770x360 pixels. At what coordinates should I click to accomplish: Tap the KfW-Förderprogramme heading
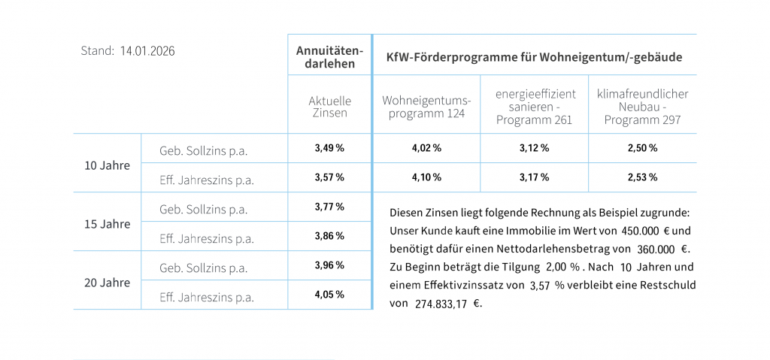pyautogui.click(x=534, y=56)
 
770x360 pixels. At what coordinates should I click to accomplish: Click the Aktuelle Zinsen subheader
pyautogui.click(x=329, y=107)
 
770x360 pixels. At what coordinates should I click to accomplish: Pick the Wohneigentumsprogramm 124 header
pyautogui.click(x=426, y=107)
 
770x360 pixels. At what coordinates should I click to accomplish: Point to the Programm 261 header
pyautogui.click(x=535, y=107)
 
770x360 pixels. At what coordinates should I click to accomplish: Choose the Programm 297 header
pyautogui.click(x=642, y=107)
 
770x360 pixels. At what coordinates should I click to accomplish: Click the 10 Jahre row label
pyautogui.click(x=107, y=165)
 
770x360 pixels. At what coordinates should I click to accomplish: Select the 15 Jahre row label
pyautogui.click(x=107, y=224)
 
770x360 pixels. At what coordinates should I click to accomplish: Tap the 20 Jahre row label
pyautogui.click(x=107, y=283)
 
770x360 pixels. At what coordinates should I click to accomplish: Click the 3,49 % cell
pyautogui.click(x=329, y=148)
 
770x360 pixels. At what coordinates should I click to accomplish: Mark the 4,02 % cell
pyautogui.click(x=426, y=148)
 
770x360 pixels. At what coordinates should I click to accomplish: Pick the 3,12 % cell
pyautogui.click(x=535, y=148)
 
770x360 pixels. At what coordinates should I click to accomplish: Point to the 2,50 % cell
pyautogui.click(x=642, y=148)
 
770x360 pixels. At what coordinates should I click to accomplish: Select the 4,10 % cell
pyautogui.click(x=426, y=178)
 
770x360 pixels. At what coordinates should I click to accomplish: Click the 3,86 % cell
pyautogui.click(x=329, y=236)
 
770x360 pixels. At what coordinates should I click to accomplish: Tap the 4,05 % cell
pyautogui.click(x=329, y=295)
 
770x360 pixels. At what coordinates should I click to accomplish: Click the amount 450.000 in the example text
pyautogui.click(x=640, y=230)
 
